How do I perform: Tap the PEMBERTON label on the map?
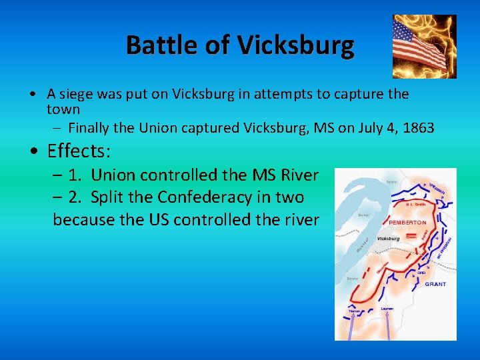tap(407, 222)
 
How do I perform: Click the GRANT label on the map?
tap(435, 284)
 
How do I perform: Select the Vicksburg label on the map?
tap(388, 238)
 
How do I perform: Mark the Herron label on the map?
tap(355, 311)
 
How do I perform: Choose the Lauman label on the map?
tap(387, 309)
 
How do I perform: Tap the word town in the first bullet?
tap(63, 109)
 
